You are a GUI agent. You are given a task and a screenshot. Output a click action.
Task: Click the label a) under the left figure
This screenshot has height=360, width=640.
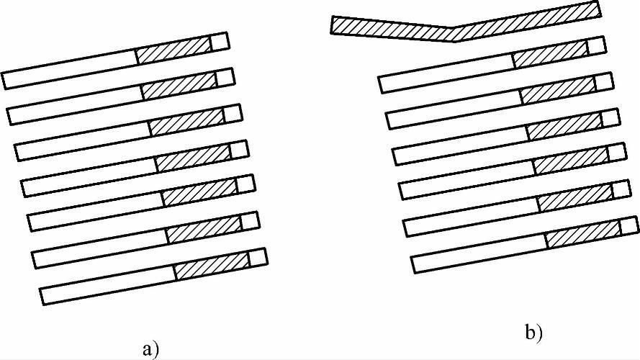pyautogui.click(x=150, y=350)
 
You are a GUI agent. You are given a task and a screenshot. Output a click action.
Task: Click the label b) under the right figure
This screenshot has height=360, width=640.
pyautogui.click(x=533, y=333)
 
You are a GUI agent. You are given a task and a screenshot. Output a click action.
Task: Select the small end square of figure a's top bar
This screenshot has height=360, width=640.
pyautogui.click(x=220, y=42)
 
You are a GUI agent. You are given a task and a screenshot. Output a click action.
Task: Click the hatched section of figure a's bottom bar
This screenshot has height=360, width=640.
pyautogui.click(x=212, y=267)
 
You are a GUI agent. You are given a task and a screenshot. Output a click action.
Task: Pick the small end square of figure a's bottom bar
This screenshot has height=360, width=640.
pyautogui.click(x=258, y=257)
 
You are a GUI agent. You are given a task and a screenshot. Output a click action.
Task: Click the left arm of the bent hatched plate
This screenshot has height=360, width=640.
pyautogui.click(x=392, y=28)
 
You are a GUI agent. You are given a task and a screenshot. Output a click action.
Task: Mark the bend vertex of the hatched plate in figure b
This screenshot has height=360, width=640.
pyautogui.click(x=454, y=35)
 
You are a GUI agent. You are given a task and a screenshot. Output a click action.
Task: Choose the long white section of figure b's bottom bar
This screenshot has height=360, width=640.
pyautogui.click(x=479, y=256)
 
